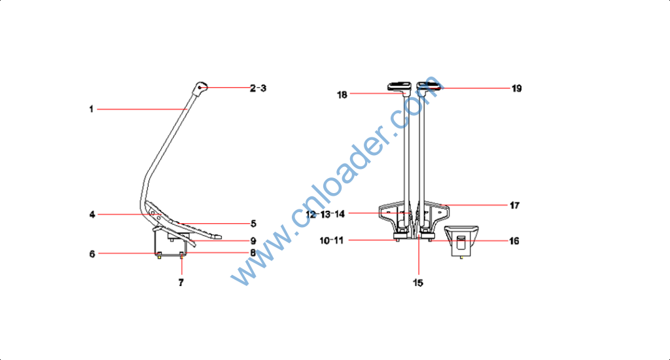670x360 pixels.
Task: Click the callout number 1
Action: click(91, 109)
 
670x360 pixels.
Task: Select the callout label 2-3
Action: click(258, 88)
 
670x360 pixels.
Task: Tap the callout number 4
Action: click(92, 215)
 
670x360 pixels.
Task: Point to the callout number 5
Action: click(253, 224)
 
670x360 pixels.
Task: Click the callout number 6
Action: click(92, 254)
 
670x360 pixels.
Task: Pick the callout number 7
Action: click(181, 283)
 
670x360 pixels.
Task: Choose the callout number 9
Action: click(253, 241)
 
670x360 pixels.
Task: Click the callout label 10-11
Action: click(332, 241)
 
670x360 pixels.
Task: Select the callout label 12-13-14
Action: click(325, 214)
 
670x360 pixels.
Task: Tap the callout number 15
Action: click(418, 283)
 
